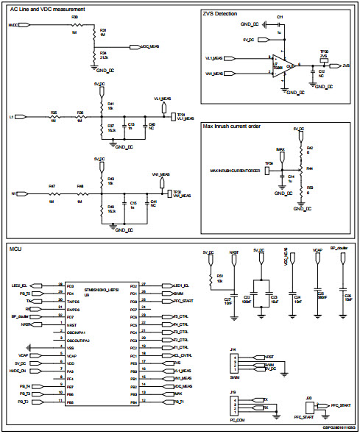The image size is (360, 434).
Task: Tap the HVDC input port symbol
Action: click(24, 25)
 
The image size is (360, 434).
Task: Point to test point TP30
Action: click(324, 59)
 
